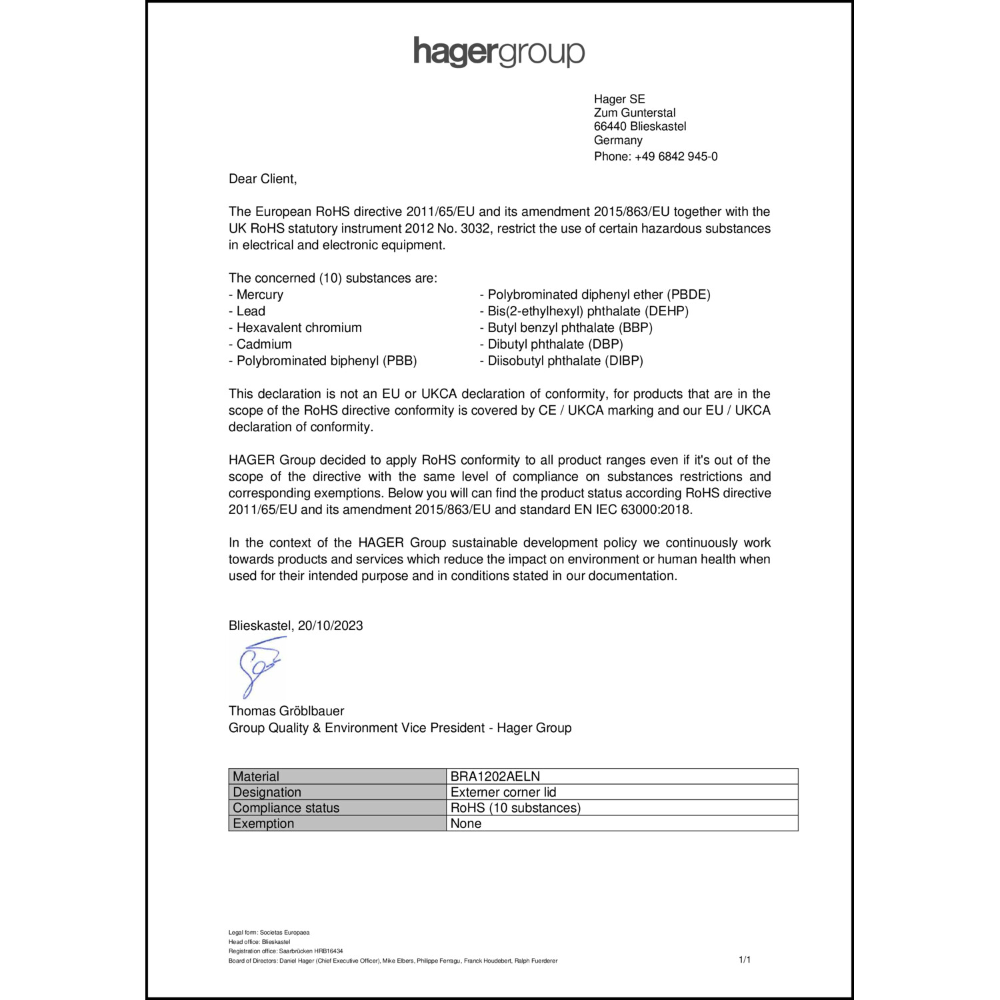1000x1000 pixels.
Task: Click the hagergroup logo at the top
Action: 499,52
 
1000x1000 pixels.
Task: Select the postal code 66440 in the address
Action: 610,127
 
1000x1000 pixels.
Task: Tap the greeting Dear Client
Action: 263,179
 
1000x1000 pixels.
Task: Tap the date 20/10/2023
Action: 330,626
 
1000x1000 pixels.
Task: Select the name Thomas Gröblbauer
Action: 287,711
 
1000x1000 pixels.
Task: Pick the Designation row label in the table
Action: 267,793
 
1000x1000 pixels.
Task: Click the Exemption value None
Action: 466,824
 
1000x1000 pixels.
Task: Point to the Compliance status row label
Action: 286,808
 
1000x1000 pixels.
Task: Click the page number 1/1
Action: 745,960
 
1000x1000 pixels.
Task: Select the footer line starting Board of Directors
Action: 393,961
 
